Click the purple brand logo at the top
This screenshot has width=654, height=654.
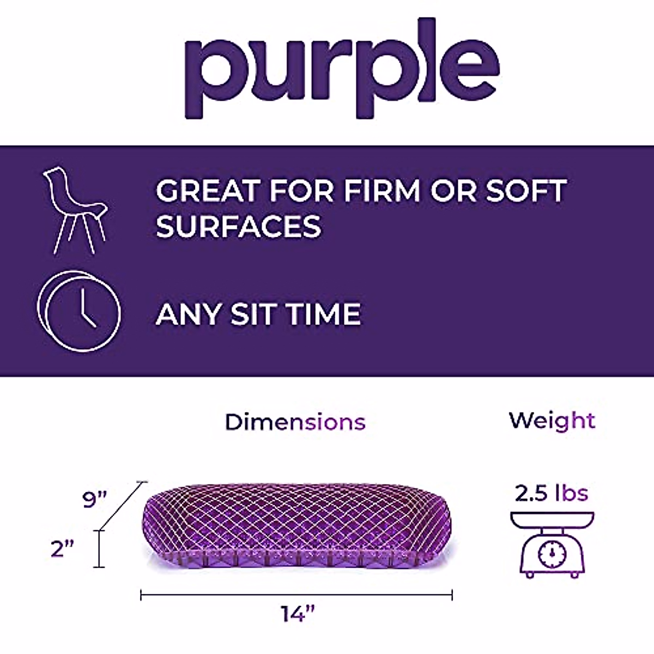(x=342, y=68)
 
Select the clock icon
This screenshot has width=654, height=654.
(x=78, y=311)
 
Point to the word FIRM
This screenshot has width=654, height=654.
(x=382, y=191)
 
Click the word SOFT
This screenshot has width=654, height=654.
(x=525, y=191)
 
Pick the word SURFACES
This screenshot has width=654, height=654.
(x=239, y=226)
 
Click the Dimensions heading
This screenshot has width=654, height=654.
(x=295, y=422)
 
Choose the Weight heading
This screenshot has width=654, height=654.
(x=552, y=421)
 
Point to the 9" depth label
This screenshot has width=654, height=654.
(x=95, y=499)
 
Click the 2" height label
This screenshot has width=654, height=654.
(x=62, y=549)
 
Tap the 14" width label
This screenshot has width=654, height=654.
(x=298, y=614)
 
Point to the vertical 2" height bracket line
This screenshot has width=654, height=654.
(x=99, y=549)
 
